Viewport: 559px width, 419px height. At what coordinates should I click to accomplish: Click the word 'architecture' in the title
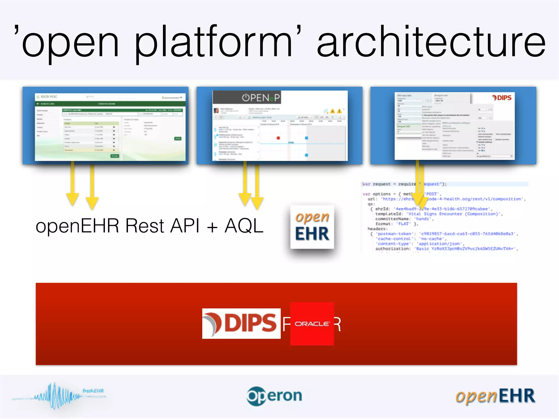(431, 42)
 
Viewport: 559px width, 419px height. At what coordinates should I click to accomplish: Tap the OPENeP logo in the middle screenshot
(261, 97)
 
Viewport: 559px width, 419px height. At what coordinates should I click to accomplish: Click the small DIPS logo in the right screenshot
(502, 98)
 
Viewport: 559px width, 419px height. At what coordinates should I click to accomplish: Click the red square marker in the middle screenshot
(278, 138)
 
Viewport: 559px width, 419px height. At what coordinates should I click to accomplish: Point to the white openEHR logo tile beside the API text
(312, 227)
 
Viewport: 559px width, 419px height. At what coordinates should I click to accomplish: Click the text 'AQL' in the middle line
(243, 226)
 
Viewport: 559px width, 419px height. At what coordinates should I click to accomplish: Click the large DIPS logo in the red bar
(241, 324)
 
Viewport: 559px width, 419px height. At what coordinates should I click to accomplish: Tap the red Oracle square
(312, 324)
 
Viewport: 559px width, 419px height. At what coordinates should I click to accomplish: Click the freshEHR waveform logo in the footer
(59, 396)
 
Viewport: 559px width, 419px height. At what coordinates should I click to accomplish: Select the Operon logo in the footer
(274, 396)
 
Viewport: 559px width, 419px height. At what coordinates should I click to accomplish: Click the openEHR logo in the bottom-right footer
(495, 396)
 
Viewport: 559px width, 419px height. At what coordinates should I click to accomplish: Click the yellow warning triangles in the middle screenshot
(336, 111)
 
